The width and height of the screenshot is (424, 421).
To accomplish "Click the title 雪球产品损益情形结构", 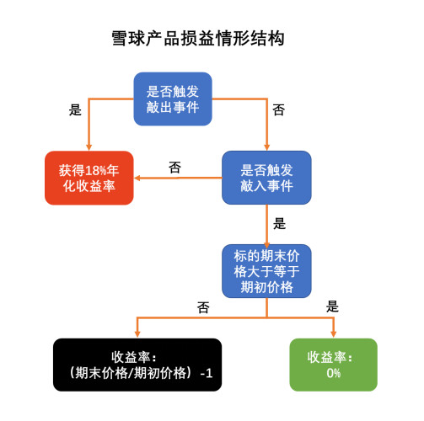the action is click(x=198, y=38).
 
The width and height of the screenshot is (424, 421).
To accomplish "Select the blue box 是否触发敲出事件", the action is click(x=173, y=99).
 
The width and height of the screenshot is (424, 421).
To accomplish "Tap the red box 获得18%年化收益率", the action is click(x=89, y=178).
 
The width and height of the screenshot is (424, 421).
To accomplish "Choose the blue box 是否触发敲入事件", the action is click(x=266, y=178).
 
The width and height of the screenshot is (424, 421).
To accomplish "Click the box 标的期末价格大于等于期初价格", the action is click(x=266, y=271).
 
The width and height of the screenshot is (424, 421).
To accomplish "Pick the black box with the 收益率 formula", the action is click(x=137, y=365).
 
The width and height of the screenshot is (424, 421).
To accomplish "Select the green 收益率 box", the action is click(x=334, y=365).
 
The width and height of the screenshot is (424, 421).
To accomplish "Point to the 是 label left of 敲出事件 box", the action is click(x=75, y=109).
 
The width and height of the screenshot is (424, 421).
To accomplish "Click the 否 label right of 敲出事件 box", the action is click(x=279, y=109).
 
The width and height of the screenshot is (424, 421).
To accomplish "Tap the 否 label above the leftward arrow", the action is click(x=174, y=168).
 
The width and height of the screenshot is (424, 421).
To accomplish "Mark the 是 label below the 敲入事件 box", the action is click(x=280, y=224).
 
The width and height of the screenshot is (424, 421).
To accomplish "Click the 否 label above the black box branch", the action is click(x=203, y=307).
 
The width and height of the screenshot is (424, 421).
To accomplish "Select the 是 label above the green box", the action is click(x=332, y=306).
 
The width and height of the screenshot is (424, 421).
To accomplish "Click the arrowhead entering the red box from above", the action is click(x=89, y=147).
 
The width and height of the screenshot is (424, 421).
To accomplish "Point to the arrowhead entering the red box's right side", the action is click(x=137, y=178).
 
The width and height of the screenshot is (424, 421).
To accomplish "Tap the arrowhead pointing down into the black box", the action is click(x=137, y=334).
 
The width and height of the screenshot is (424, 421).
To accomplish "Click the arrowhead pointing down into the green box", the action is click(x=334, y=334).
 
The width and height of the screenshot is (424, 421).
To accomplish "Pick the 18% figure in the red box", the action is click(x=96, y=170).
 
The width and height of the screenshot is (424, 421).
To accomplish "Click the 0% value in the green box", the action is click(x=334, y=373).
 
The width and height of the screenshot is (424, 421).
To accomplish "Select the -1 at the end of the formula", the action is click(x=207, y=373).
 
